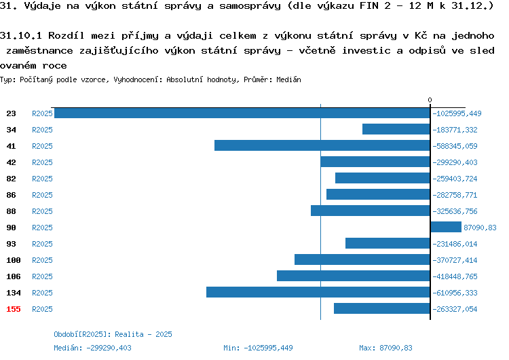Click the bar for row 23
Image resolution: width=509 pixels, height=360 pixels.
click(242, 113)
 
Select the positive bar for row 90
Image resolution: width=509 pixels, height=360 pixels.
click(446, 227)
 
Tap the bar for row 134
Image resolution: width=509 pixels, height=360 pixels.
click(318, 292)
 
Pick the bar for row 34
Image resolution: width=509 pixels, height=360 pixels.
click(396, 129)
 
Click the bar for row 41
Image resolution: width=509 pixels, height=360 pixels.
click(322, 145)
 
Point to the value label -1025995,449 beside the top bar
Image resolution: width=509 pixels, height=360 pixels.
click(457, 113)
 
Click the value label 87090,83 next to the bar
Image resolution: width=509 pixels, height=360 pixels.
click(480, 228)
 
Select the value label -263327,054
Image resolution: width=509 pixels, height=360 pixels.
click(455, 309)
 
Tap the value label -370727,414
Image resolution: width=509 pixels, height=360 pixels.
click(455, 260)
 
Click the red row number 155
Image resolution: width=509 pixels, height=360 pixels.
click(14, 309)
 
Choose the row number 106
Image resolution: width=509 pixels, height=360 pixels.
click(14, 276)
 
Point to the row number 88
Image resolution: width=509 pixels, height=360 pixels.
click(11, 211)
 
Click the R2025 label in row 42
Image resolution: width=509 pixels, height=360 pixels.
click(42, 162)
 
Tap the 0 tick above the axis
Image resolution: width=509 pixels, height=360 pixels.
click(430, 100)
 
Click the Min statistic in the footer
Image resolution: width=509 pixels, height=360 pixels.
click(258, 348)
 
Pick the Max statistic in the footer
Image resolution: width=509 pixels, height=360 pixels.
click(385, 348)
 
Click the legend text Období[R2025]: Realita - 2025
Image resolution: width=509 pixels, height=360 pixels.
click(113, 334)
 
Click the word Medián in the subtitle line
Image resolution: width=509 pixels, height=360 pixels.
click(288, 79)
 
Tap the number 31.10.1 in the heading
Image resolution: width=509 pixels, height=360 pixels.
click(21, 35)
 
